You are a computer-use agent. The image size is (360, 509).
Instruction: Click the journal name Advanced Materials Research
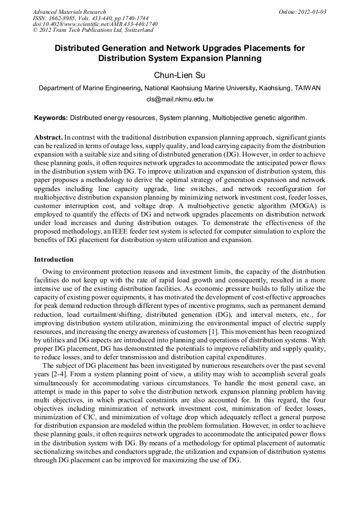(69, 12)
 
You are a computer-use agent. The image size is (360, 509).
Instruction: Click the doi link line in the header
(95, 24)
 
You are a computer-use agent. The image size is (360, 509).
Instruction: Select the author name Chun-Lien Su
(179, 75)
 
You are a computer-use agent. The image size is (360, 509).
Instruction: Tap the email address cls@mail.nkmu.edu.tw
(179, 99)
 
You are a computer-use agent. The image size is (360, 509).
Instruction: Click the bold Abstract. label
(48, 137)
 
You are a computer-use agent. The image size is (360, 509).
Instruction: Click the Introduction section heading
(54, 260)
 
